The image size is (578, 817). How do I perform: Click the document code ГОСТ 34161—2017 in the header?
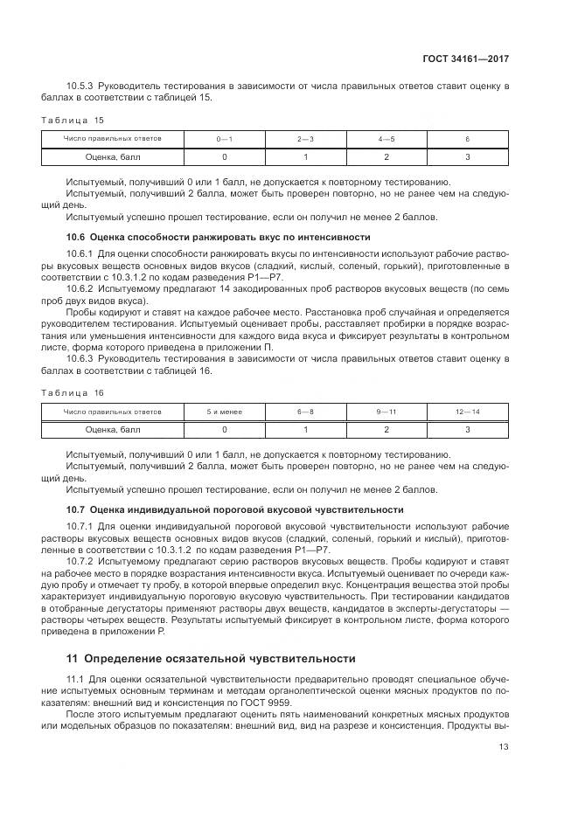466,59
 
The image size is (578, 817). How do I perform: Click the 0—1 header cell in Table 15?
225,140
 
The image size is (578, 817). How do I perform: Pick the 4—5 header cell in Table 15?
386,140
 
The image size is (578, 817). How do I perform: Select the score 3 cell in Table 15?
467,157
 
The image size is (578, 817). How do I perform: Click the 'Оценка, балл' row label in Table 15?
112,157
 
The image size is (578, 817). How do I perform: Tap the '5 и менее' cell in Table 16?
225,412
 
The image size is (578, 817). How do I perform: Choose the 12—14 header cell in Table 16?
467,412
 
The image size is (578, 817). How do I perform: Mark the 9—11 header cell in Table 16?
386,412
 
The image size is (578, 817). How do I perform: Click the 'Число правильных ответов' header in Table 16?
112,412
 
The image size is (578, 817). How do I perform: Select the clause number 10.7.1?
80,525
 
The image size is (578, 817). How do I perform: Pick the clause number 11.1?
75,679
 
